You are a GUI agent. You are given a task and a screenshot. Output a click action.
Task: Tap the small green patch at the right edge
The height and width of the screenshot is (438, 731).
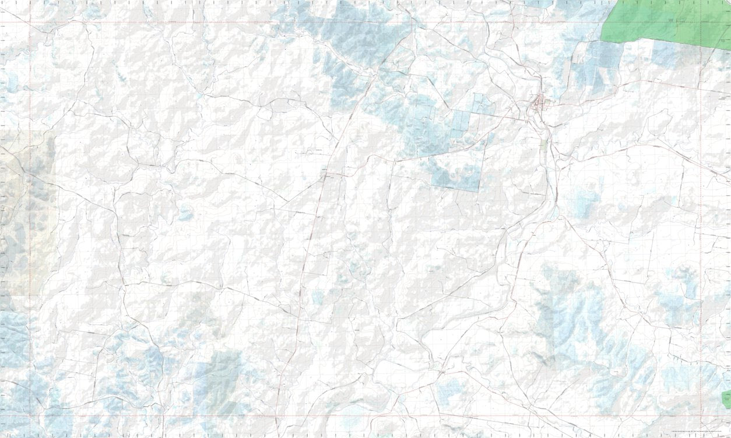(726, 399)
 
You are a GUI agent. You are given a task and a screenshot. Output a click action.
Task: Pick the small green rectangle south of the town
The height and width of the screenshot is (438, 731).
(544, 145)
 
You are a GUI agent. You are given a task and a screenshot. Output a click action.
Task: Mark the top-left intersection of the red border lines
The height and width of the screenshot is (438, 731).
(30, 23)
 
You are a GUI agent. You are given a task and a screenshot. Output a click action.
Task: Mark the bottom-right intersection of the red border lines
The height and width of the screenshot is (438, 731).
(700, 416)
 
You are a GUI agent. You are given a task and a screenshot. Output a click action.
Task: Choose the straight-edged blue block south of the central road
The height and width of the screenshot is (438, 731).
(458, 172)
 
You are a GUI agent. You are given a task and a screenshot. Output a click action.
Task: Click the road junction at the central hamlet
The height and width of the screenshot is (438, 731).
(325, 173)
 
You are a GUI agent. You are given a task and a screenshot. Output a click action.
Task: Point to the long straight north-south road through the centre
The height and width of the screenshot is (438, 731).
(309, 245)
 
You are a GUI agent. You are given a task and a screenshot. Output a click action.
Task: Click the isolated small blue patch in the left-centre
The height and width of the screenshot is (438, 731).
(185, 213)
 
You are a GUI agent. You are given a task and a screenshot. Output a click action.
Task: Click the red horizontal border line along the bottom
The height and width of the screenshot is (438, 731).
(350, 416)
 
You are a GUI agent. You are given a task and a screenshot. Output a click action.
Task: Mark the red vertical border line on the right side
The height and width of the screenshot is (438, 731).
(700, 233)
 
